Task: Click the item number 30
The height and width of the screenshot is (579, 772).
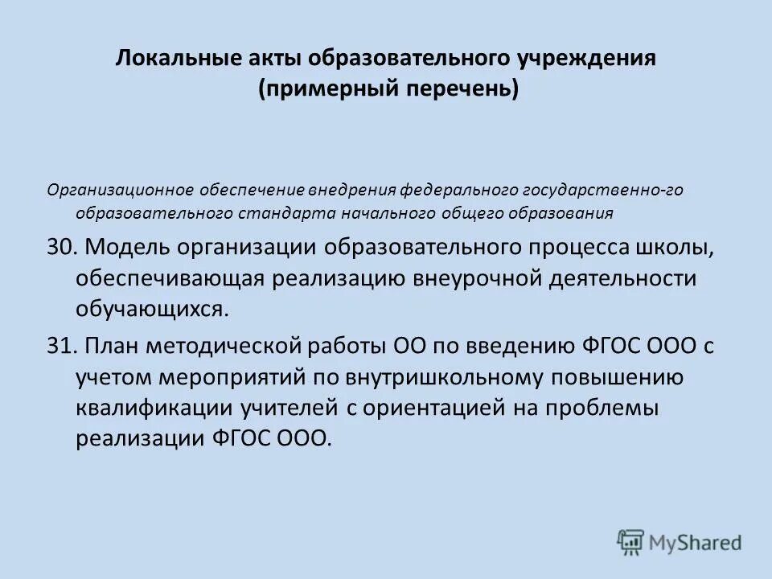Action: coord(60,247)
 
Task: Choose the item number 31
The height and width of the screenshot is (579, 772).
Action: coord(60,347)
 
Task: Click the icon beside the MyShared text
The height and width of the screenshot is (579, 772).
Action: coord(631,542)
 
